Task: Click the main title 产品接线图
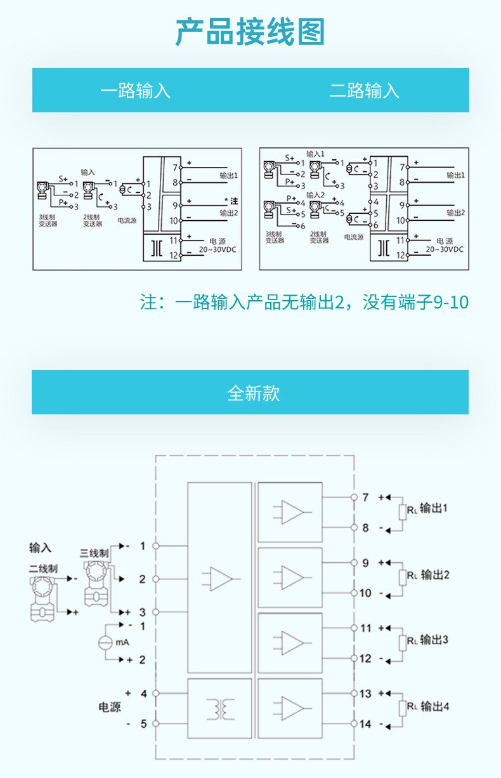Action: click(x=250, y=32)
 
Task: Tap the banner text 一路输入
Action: click(x=135, y=90)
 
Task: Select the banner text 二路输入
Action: click(x=364, y=90)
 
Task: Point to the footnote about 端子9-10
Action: click(x=304, y=302)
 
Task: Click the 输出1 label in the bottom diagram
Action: click(x=434, y=508)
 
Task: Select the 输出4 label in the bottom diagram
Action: click(x=434, y=706)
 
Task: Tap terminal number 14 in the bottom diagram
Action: click(x=365, y=723)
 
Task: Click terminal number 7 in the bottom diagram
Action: click(x=365, y=498)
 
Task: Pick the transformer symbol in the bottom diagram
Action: click(x=220, y=709)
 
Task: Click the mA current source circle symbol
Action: click(x=105, y=642)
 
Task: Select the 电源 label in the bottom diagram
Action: click(x=109, y=707)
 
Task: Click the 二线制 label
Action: click(x=42, y=569)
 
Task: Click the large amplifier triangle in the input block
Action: click(x=221, y=578)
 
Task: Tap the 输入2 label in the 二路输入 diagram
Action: click(x=315, y=194)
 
